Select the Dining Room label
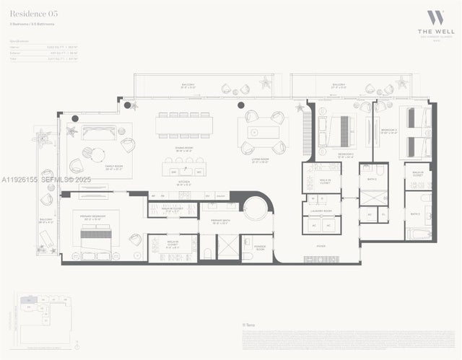(x=184, y=149)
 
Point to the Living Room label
(x=261, y=162)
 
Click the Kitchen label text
(x=184, y=183)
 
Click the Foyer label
(x=321, y=247)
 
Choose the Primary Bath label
(x=221, y=221)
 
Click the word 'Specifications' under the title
(x=19, y=42)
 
